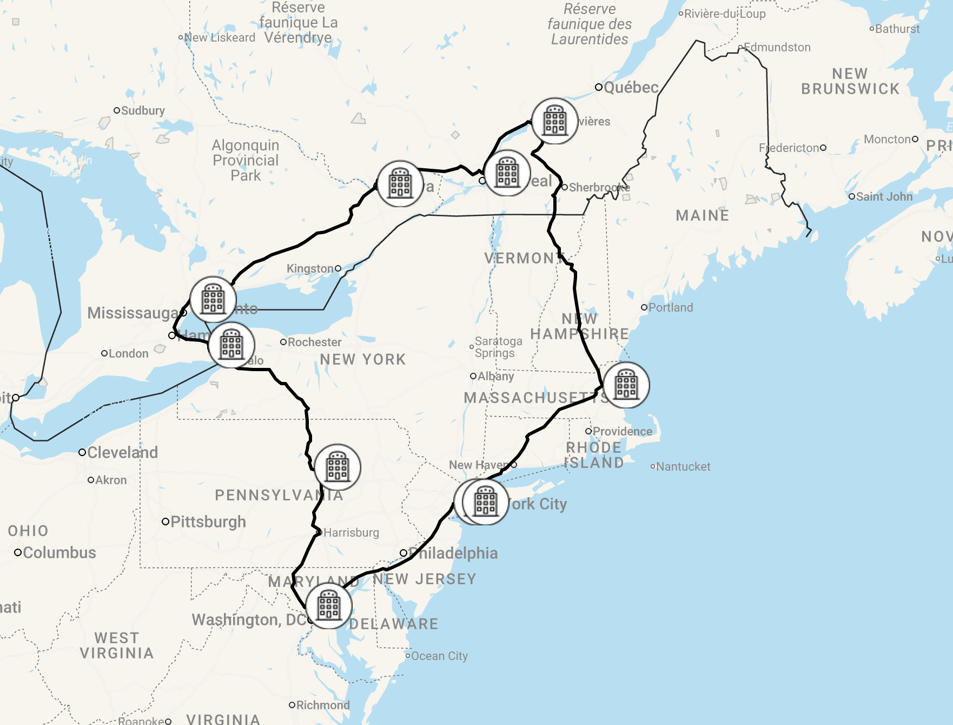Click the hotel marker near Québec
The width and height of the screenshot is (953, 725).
tap(555, 121)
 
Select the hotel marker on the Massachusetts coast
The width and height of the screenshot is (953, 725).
tap(626, 385)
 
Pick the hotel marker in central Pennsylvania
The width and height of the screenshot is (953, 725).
tap(337, 467)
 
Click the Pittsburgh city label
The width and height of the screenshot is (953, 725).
tap(208, 522)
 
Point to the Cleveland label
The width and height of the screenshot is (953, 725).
tap(122, 452)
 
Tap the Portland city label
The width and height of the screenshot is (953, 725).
tap(670, 307)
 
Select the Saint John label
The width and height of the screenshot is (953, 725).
tap(884, 196)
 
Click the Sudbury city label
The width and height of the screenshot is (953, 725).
tap(143, 110)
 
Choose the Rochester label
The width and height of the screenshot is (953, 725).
tap(314, 342)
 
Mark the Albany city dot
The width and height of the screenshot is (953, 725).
tap(473, 376)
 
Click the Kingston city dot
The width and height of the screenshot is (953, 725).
tap(338, 268)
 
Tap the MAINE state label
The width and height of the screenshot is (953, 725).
tap(702, 216)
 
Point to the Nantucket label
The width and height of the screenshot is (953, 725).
tap(683, 466)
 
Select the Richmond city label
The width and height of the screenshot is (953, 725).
tap(322, 705)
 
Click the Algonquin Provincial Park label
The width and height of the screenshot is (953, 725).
tap(246, 160)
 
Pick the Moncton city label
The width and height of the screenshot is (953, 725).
tap(887, 139)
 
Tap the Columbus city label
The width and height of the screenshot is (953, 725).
tap(59, 552)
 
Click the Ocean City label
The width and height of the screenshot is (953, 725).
tap(439, 656)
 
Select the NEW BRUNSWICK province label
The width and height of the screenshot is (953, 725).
tap(850, 81)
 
